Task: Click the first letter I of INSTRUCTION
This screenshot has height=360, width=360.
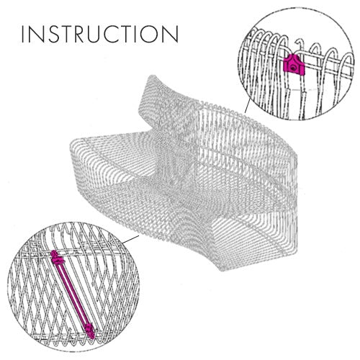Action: point(23,34)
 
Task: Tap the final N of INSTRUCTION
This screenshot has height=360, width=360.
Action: point(171,34)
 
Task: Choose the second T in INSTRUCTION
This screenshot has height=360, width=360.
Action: point(130,34)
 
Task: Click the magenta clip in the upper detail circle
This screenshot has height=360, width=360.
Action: point(294,64)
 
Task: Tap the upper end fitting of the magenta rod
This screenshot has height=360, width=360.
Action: point(56,256)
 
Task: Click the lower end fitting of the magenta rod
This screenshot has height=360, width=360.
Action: point(90,330)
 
